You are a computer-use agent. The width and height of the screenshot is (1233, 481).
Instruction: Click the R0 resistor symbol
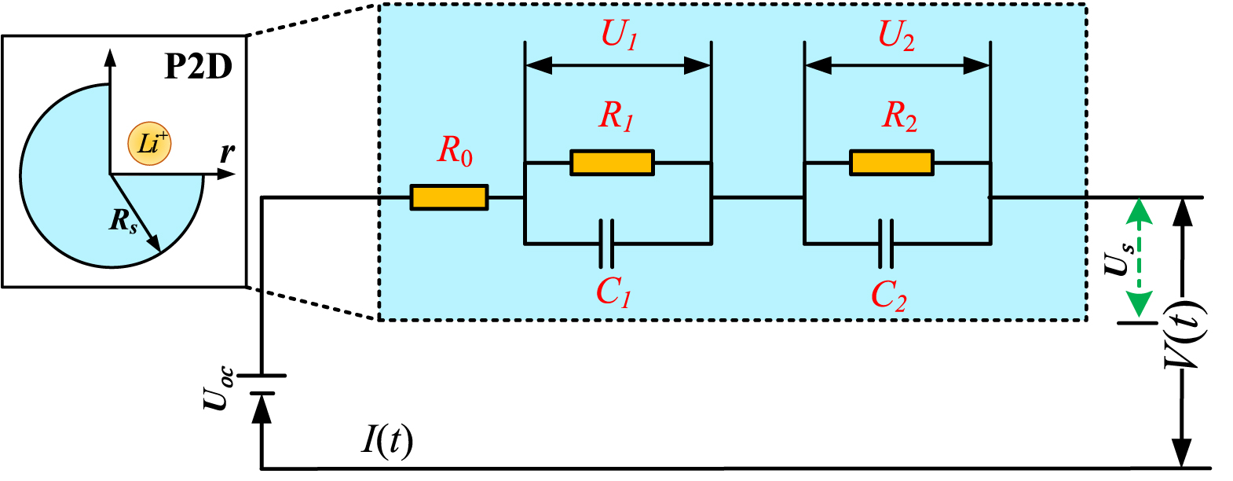448,197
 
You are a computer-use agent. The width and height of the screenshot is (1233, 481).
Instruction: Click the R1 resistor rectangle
612,163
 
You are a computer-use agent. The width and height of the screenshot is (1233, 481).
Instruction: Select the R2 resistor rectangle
891,163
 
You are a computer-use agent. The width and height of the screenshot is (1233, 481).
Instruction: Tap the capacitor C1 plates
606,244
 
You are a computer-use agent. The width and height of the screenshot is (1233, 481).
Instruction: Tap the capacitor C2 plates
886,244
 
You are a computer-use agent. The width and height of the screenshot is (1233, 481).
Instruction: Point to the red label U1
619,35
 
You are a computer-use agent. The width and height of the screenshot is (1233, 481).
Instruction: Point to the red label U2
896,35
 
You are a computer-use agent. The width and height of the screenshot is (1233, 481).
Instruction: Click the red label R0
455,150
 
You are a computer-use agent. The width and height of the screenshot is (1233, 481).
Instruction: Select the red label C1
613,292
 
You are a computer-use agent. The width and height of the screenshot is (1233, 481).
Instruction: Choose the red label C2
888,296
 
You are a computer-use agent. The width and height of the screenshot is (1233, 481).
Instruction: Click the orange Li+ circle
149,144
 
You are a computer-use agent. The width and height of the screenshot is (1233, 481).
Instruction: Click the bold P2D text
198,68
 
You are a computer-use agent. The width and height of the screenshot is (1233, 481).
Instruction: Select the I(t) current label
386,440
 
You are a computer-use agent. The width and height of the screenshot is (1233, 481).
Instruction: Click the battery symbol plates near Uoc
262,384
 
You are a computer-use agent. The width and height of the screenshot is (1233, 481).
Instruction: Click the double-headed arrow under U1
617,66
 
